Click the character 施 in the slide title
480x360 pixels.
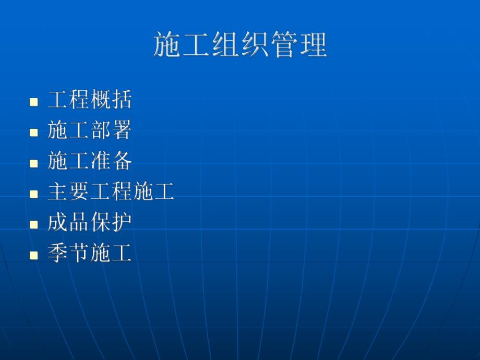pyautogui.click(x=168, y=45)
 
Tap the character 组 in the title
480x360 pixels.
pyautogui.click(x=225, y=45)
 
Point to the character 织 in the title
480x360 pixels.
pyautogui.click(x=254, y=45)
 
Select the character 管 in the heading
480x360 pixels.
pyautogui.click(x=283, y=45)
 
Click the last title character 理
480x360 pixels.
pyautogui.click(x=313, y=45)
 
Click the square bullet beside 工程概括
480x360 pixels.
pyautogui.click(x=34, y=101)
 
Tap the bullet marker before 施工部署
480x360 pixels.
pyautogui.click(x=34, y=132)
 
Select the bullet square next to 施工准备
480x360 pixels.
pyautogui.click(x=34, y=163)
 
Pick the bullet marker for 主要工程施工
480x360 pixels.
pyautogui.click(x=34, y=194)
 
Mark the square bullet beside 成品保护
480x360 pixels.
pyautogui.click(x=34, y=224)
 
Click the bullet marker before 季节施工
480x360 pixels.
pyautogui.click(x=34, y=255)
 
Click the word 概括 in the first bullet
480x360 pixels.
pyautogui.click(x=111, y=100)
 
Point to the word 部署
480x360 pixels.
pyautogui.click(x=111, y=130)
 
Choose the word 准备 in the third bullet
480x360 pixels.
pyautogui.click(x=111, y=161)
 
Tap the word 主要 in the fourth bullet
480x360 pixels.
pyautogui.click(x=68, y=192)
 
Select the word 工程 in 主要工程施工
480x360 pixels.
pyautogui.click(x=111, y=192)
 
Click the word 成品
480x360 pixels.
pyautogui.click(x=68, y=223)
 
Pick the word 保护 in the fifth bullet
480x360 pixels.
pyautogui.click(x=111, y=223)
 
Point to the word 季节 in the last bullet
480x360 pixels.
pyautogui.click(x=68, y=254)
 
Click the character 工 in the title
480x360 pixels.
pyautogui.click(x=197, y=45)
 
